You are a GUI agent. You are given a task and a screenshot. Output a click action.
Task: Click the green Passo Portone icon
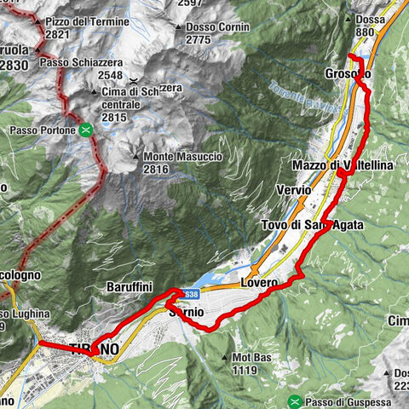click(x=86, y=130)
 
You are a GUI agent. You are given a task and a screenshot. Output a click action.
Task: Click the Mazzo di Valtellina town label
click(x=342, y=164)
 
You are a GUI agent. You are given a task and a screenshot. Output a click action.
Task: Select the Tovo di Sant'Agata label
click(x=312, y=224)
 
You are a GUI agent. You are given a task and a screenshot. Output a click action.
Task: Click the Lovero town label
click(x=260, y=281)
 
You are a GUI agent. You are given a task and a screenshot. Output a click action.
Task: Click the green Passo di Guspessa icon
click(x=294, y=401)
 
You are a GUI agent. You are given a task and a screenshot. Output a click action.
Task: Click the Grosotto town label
click(x=348, y=74)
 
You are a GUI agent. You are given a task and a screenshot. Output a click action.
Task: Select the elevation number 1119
click(x=244, y=371)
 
